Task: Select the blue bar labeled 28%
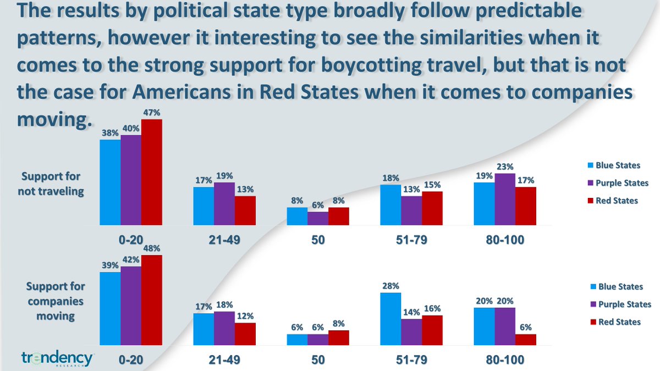pyautogui.click(x=391, y=319)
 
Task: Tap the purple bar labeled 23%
pyautogui.click(x=505, y=199)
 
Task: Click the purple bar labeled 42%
pyautogui.click(x=131, y=306)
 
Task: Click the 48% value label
pyautogui.click(x=152, y=249)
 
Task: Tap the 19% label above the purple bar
pyautogui.click(x=224, y=176)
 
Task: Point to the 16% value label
pyautogui.click(x=432, y=309)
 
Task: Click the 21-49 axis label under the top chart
pyautogui.click(x=224, y=240)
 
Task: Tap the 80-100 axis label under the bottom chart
pyautogui.click(x=505, y=360)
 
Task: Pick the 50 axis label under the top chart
pyautogui.click(x=318, y=240)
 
